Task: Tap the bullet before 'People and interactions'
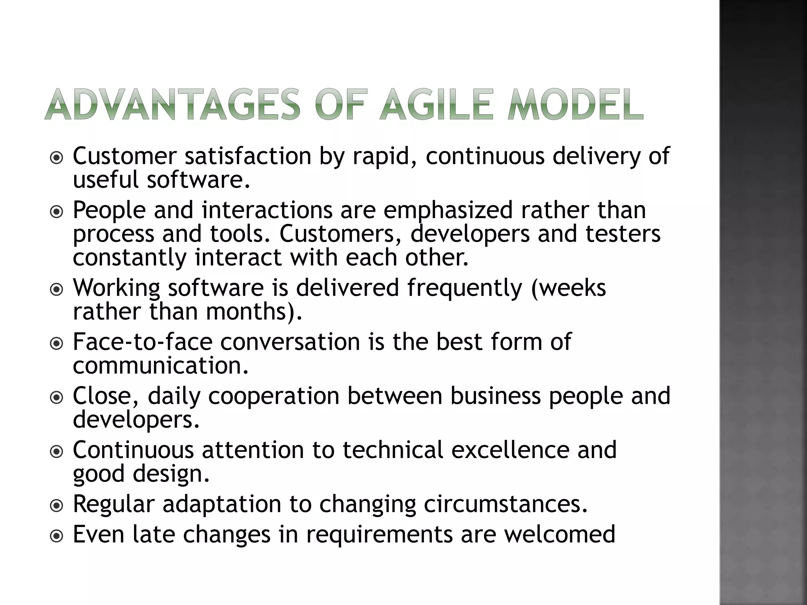point(57,212)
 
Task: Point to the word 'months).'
point(254,312)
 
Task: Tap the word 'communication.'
point(161,366)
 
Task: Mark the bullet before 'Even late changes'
point(57,536)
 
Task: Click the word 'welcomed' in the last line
point(560,534)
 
